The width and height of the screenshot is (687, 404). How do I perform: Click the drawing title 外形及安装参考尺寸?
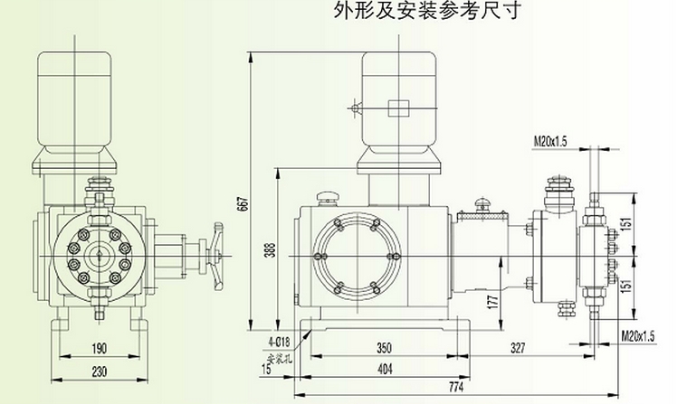click(x=427, y=12)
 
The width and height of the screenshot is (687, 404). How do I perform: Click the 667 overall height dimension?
click(x=242, y=205)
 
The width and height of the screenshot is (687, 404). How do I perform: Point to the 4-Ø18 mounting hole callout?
click(x=278, y=341)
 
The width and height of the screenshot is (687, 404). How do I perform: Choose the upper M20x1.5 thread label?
click(x=549, y=140)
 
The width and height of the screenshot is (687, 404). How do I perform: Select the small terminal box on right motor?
click(x=397, y=109)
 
